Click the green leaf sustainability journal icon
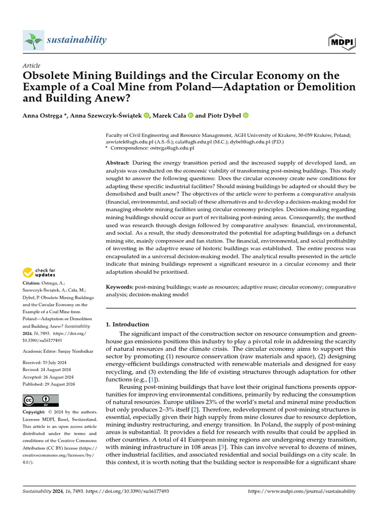pyautogui.click(x=34, y=40)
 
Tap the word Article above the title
pyautogui.click(x=32, y=66)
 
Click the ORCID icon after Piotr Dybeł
pyautogui.click(x=246, y=116)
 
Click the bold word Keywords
pyautogui.click(x=120, y=287)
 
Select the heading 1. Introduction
pyautogui.click(x=128, y=325)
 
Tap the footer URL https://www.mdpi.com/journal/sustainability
pyautogui.click(x=301, y=492)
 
